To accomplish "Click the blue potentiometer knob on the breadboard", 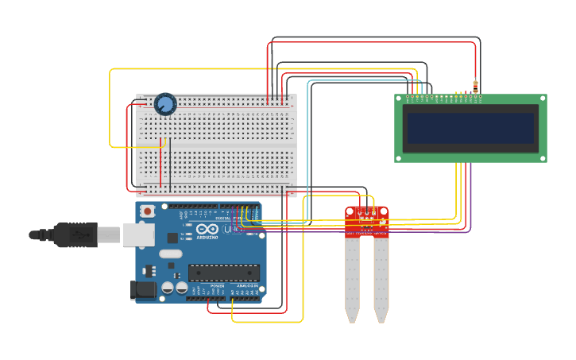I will coord(165,104).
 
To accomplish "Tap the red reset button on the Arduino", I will coord(147,211).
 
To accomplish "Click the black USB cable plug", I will coord(75,235).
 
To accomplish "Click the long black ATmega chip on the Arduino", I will coord(223,273).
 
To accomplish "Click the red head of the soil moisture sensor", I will coord(367,222).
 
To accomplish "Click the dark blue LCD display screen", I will coord(470,128).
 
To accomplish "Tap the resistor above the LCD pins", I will coord(475,86).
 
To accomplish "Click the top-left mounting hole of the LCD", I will coord(400,99).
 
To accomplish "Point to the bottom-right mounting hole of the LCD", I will coord(542,157).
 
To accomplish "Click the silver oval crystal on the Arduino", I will coord(170,254).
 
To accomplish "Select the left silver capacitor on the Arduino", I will coord(168,288).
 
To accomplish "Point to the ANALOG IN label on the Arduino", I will coord(245,285).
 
